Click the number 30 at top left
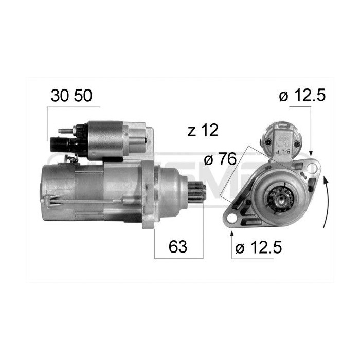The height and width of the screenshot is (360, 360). point(60,96)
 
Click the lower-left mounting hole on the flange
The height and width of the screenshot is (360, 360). point(232,219)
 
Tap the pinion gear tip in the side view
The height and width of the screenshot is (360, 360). point(199,193)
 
